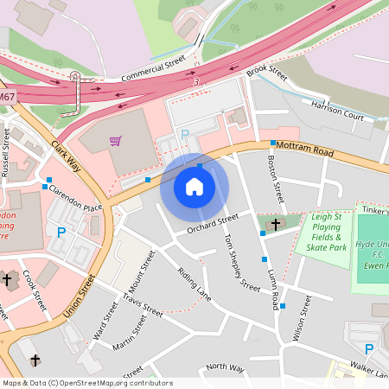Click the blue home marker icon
click(194, 186)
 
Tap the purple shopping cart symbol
click(115, 140)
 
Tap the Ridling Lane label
click(194, 283)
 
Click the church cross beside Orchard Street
click(276, 225)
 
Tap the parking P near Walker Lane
click(369, 348)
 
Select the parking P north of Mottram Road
click(184, 134)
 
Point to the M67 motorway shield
click(7, 98)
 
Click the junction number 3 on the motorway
click(197, 81)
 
